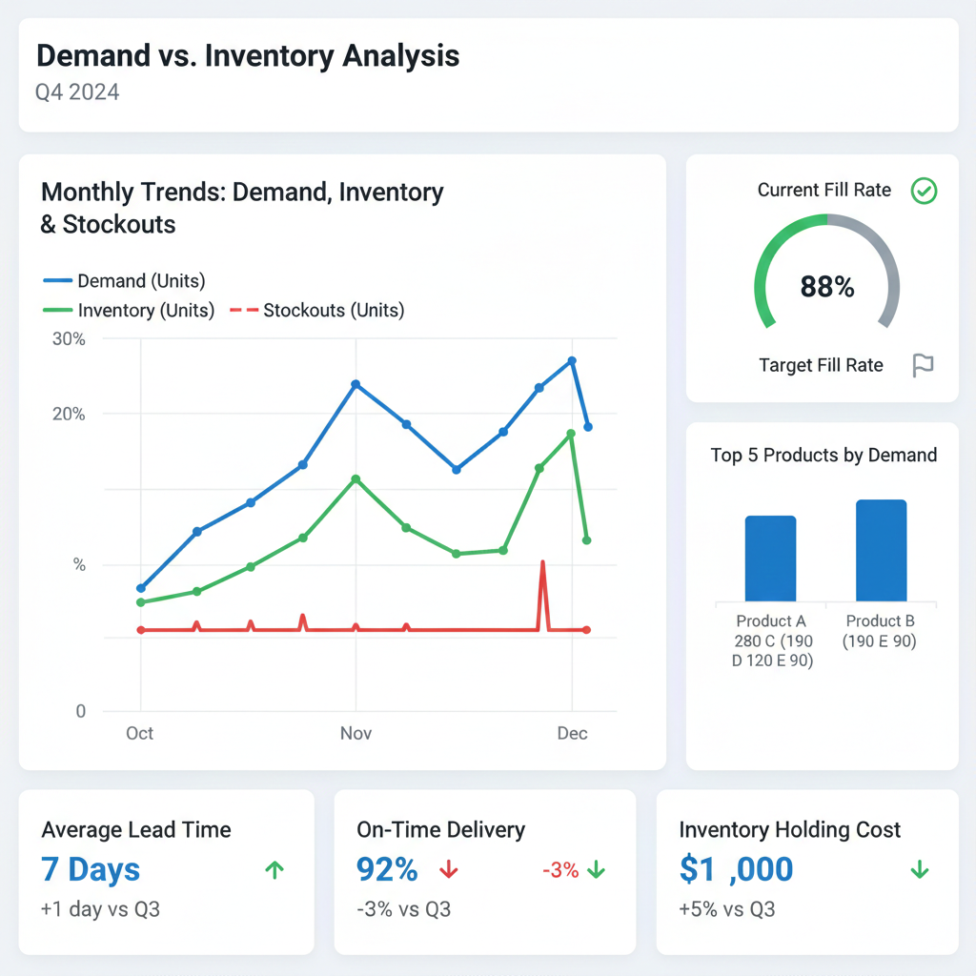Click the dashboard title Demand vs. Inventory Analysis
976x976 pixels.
(x=248, y=56)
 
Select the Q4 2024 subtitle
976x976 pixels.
(x=78, y=92)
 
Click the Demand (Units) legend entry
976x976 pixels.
(x=125, y=281)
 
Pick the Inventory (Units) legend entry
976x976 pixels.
(x=130, y=311)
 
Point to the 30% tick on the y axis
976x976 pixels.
(x=68, y=339)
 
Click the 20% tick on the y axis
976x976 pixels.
(x=68, y=415)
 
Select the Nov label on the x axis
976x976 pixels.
(x=356, y=733)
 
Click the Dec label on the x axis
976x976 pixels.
(x=572, y=733)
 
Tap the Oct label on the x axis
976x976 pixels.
(x=140, y=733)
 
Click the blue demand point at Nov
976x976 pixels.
(x=356, y=384)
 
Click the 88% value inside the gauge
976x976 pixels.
(x=826, y=287)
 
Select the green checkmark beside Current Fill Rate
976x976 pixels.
(x=924, y=191)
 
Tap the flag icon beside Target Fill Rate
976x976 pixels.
(x=923, y=365)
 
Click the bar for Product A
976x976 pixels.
(x=770, y=559)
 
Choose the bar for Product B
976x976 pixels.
(x=881, y=551)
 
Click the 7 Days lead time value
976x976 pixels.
(x=91, y=869)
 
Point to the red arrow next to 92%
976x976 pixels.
(x=449, y=869)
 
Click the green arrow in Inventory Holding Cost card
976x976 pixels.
(x=920, y=869)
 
